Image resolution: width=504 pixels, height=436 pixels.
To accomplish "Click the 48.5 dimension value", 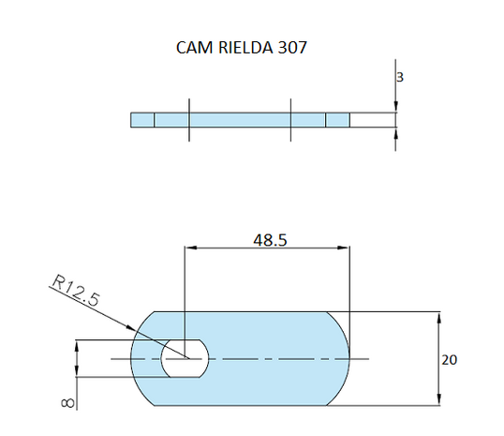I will pyautogui.click(x=270, y=239).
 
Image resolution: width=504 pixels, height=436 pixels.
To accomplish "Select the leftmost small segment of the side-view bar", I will pyautogui.click(x=141, y=120).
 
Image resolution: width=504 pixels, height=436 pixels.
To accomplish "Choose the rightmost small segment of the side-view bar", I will pyautogui.click(x=337, y=120).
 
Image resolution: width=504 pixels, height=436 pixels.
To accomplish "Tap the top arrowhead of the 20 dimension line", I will pyautogui.click(x=438, y=316).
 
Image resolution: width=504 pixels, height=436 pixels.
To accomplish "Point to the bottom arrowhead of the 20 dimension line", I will pyautogui.click(x=438, y=401).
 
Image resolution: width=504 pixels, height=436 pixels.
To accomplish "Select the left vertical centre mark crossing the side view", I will pyautogui.click(x=188, y=120).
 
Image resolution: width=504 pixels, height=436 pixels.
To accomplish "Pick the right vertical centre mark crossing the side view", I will pyautogui.click(x=291, y=120).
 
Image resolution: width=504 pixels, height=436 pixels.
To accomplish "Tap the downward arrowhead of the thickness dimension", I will pyautogui.click(x=396, y=108).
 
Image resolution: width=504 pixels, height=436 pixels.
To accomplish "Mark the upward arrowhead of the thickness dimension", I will pyautogui.click(x=396, y=132).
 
